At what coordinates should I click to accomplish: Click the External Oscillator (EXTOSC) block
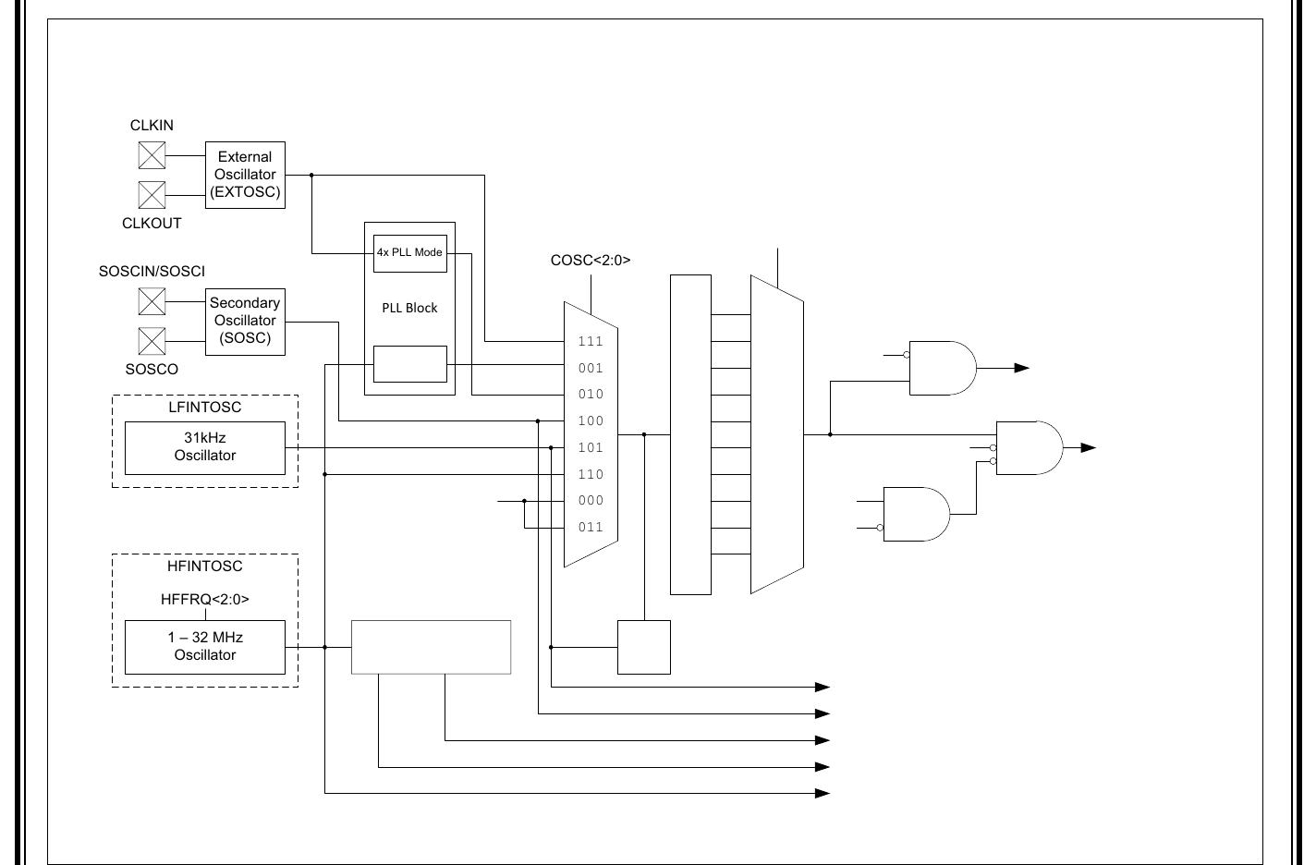pos(245,175)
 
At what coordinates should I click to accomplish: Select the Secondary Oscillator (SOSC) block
pos(245,321)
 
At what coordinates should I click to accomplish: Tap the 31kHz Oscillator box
pos(205,447)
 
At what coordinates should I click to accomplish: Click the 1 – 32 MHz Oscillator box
pos(205,646)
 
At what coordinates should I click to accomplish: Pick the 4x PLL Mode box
pos(409,252)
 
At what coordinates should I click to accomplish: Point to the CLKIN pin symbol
pos(152,155)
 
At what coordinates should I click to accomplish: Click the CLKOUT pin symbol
pos(152,195)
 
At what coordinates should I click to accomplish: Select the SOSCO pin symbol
pos(152,341)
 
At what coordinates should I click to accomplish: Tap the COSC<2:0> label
pos(591,261)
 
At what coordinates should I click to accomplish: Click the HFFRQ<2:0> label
pos(205,599)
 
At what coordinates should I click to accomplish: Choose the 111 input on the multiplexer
pos(591,342)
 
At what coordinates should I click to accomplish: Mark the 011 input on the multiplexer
pos(591,528)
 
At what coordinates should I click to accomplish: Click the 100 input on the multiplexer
pos(591,421)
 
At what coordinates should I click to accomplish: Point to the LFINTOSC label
pos(205,407)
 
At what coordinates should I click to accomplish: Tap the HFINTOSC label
pos(205,566)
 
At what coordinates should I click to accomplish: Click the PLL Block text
pos(409,308)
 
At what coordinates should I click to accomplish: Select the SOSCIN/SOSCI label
pos(152,272)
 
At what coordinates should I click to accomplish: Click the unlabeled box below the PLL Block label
pos(409,364)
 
